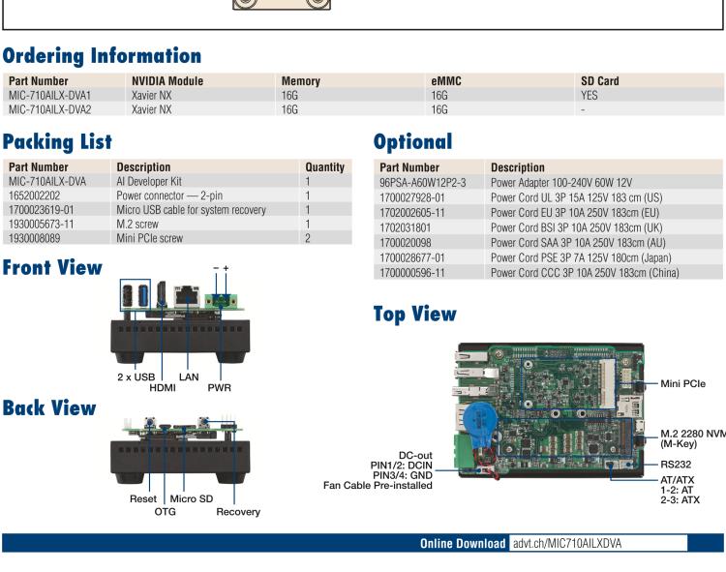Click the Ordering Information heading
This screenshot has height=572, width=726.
(x=102, y=56)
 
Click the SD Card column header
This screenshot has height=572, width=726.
(x=599, y=81)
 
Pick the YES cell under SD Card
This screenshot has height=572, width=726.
(x=590, y=96)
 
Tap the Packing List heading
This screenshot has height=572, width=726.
(x=57, y=143)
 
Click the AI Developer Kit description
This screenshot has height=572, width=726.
(x=150, y=181)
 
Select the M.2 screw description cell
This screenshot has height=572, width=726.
(x=141, y=223)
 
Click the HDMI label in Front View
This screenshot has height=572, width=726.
(x=164, y=388)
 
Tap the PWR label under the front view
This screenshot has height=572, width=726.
(x=219, y=388)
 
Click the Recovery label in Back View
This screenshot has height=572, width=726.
(x=238, y=512)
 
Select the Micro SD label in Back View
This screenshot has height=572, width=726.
(x=191, y=499)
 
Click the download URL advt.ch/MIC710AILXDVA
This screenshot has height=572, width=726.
(x=566, y=544)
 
